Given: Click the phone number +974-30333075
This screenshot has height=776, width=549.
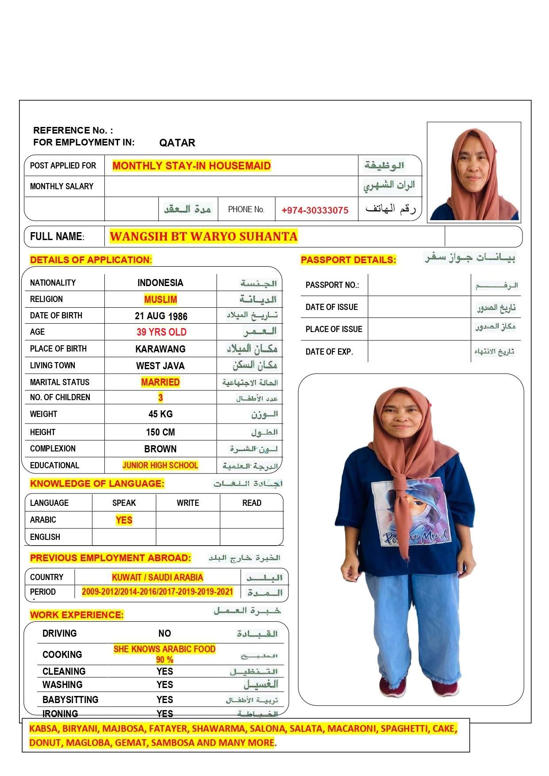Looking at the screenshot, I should point(315,210).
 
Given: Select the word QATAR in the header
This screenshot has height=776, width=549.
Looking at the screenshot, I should point(177,143).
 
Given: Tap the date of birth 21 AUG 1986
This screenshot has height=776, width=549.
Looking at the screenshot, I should point(161,316).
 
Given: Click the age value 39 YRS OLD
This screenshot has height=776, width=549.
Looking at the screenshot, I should point(161,332).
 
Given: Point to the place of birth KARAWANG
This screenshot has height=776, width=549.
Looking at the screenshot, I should point(160,349).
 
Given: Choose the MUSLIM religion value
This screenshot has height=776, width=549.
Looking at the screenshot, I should point(160,300).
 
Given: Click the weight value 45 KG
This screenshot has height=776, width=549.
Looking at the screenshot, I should point(160,414).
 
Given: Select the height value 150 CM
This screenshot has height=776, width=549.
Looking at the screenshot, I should point(160,432).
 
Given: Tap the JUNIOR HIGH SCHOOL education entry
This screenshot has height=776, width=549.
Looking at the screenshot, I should point(160,465).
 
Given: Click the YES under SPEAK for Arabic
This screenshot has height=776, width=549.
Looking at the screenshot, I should point(124,520).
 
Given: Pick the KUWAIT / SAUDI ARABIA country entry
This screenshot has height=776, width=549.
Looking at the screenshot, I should point(157,577).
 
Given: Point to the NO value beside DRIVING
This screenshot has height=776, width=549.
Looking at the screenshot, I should point(165,634).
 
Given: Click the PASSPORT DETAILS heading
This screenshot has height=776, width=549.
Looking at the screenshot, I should point(348,260).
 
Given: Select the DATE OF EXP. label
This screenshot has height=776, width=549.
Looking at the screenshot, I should point(329,352).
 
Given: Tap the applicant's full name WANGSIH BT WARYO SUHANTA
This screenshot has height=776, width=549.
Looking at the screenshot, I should point(203,237).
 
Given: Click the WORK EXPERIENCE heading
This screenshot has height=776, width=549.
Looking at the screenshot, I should point(77,615).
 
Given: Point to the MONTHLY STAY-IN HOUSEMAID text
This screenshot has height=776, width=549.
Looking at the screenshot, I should point(191,166).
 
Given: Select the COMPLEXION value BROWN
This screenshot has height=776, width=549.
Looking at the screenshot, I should point(160,449).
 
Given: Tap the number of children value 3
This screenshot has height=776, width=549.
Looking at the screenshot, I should point(161,398).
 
